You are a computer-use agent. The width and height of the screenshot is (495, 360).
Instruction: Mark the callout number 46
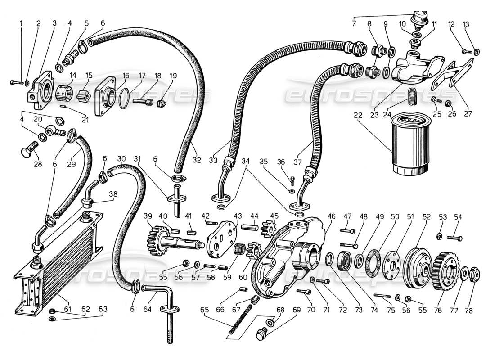pyautogui.click(x=331, y=217)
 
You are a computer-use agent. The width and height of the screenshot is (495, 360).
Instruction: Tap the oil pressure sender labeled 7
pyautogui.click(x=419, y=18)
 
